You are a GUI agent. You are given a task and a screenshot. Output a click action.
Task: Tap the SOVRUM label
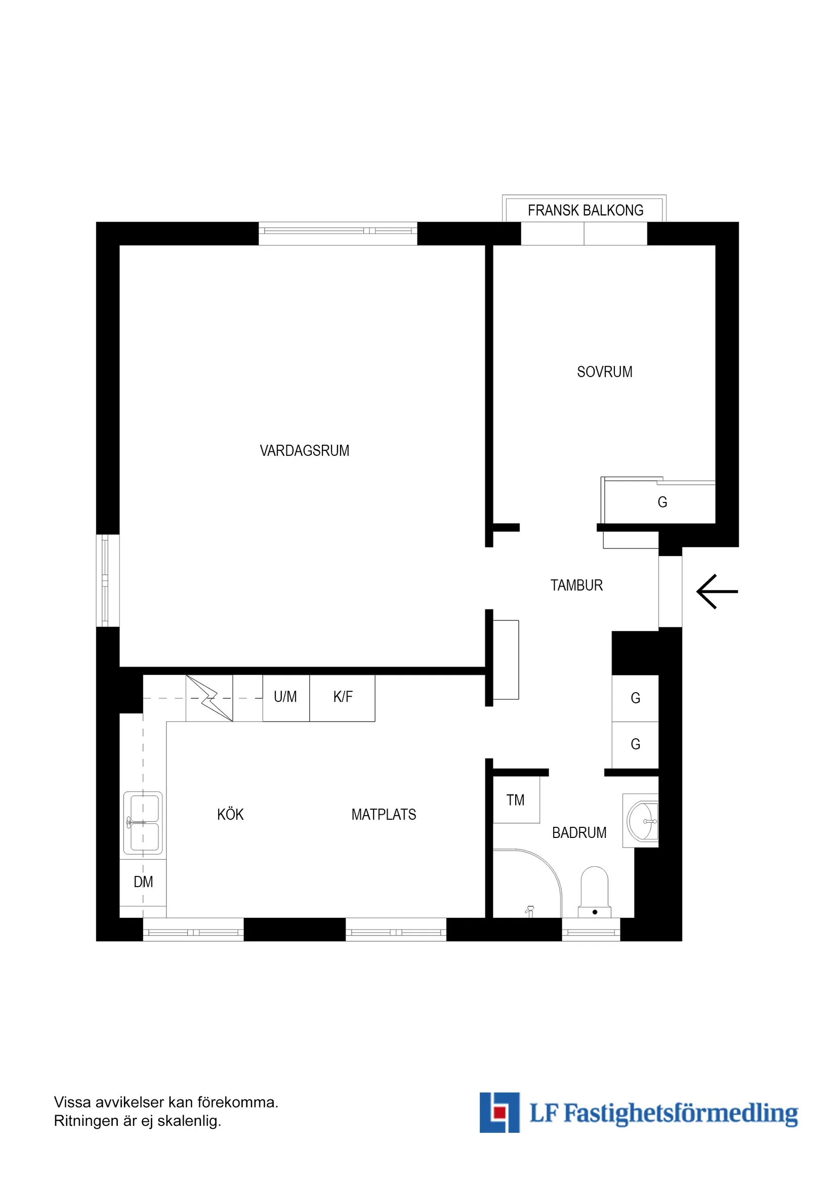pyautogui.click(x=605, y=372)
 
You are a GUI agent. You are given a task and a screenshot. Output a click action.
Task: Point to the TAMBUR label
pyautogui.click(x=576, y=585)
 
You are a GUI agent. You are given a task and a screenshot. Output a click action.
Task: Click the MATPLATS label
pyautogui.click(x=384, y=814)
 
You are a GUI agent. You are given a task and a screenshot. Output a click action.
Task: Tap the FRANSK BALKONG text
pyautogui.click(x=586, y=210)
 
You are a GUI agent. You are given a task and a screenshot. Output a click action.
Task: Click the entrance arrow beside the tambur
pyautogui.click(x=717, y=592)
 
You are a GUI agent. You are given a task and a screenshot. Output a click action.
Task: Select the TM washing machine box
pyautogui.click(x=517, y=800)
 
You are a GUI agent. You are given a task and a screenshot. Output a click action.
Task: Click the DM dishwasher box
pyautogui.click(x=143, y=882)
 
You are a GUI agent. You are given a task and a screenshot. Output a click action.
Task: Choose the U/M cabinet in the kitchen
pyautogui.click(x=286, y=697)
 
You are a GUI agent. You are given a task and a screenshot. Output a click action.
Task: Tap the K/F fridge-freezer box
pyautogui.click(x=342, y=697)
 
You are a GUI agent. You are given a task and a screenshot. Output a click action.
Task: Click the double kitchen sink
pyautogui.click(x=143, y=823)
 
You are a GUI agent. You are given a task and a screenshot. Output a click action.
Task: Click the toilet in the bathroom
pyautogui.click(x=595, y=892)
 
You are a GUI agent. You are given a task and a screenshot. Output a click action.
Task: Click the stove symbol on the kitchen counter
pyautogui.click(x=209, y=698)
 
